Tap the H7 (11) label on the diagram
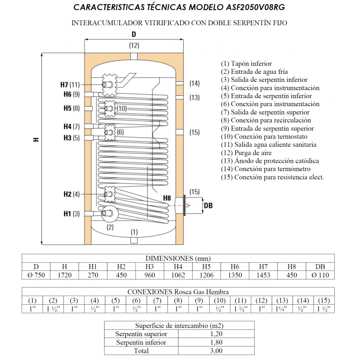(70, 85)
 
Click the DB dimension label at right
(208, 205)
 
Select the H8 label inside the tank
(167, 198)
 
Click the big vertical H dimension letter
(36, 140)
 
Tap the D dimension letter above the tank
(134, 35)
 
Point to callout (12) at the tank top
(134, 45)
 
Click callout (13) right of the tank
(194, 97)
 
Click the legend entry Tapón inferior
(246, 64)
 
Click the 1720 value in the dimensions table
(64, 275)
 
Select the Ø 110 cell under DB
(320, 275)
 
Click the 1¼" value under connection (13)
(282, 309)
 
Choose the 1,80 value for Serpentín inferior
(216, 342)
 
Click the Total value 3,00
(216, 351)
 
